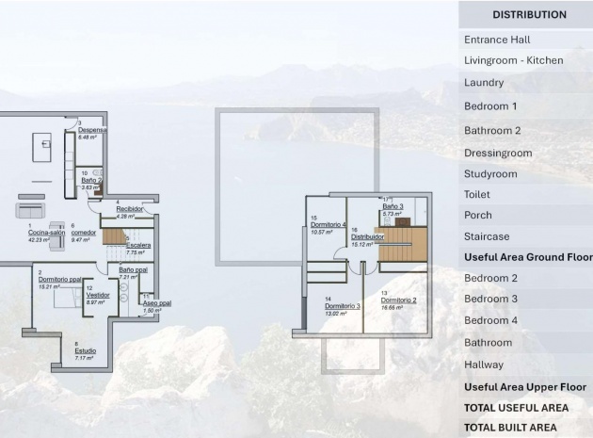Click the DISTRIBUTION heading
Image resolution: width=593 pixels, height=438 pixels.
(528, 15)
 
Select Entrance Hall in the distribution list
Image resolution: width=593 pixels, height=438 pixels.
(497, 40)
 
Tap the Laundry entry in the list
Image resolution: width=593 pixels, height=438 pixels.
(484, 83)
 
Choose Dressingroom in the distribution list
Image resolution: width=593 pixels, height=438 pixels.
(498, 153)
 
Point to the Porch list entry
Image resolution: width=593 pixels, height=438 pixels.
(478, 216)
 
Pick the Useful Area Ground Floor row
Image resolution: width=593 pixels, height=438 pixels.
(528, 257)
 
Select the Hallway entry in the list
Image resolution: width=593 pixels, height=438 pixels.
(484, 365)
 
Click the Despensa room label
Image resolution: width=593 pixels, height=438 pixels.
(92, 130)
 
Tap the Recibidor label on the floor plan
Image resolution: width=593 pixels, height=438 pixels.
(129, 208)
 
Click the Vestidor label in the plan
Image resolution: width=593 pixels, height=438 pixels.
(97, 294)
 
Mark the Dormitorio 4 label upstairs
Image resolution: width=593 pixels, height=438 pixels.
(329, 224)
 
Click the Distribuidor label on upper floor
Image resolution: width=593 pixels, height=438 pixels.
(367, 236)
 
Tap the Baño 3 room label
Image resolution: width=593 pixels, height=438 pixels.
(393, 206)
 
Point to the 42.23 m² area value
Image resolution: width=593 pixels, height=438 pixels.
(39, 240)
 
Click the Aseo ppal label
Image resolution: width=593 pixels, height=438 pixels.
(156, 302)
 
